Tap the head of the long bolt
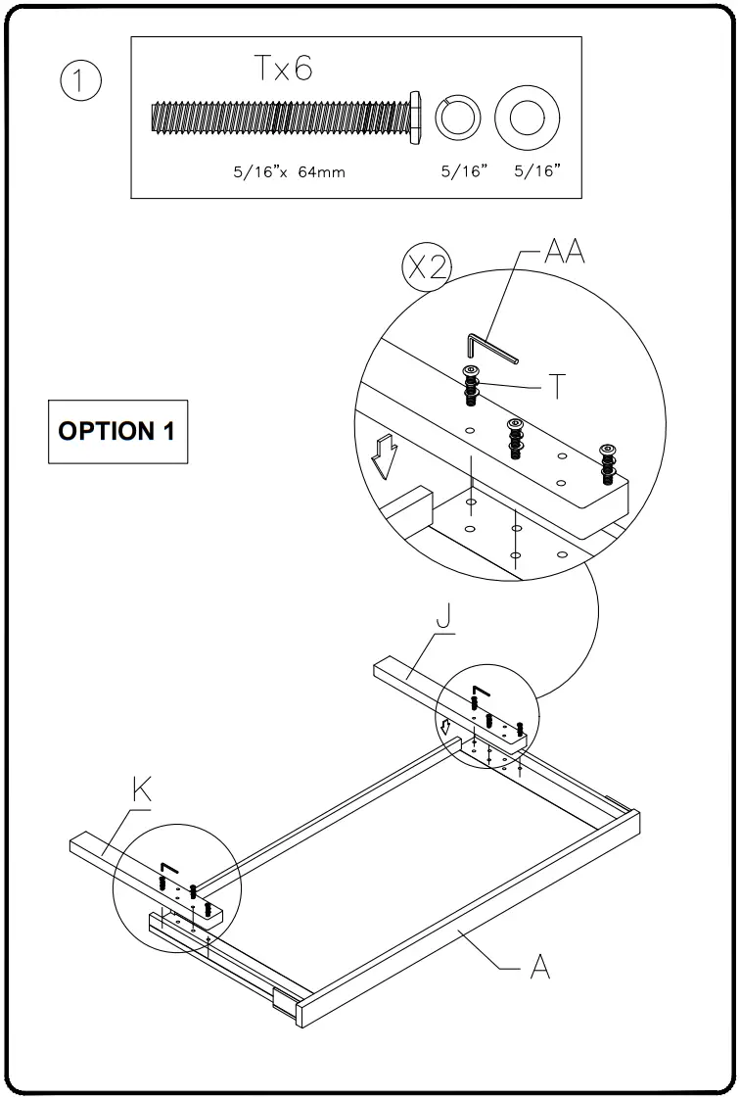(415, 118)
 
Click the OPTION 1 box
(118, 432)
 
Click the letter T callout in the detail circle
(555, 388)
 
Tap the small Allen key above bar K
(167, 869)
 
